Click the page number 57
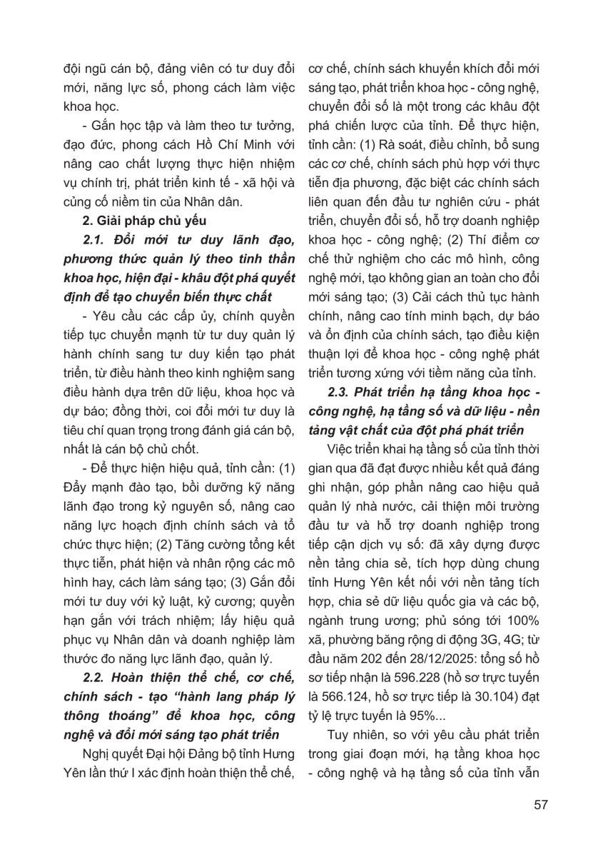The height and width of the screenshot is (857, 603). [540, 805]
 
